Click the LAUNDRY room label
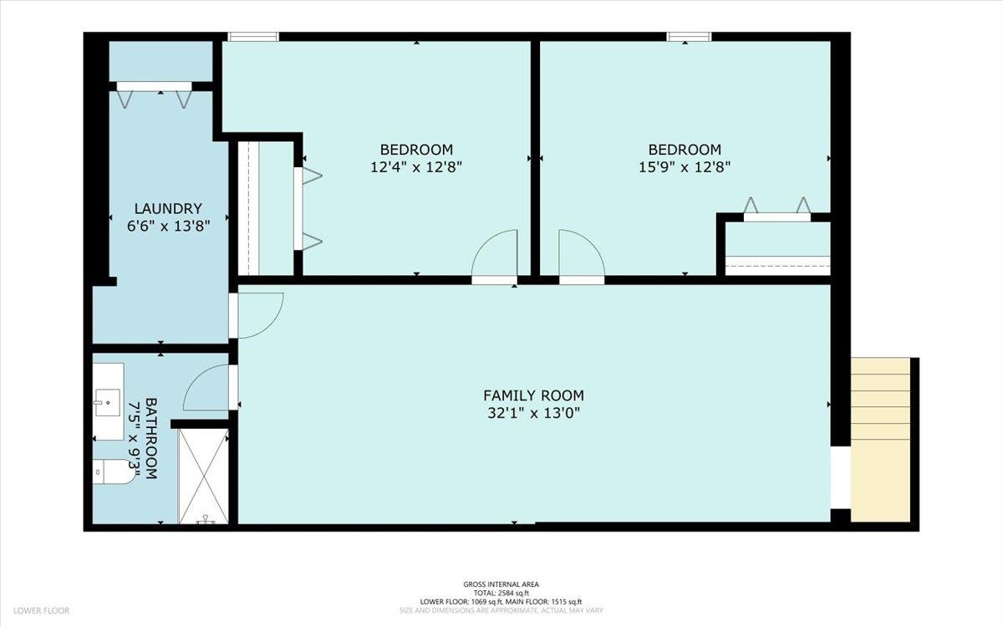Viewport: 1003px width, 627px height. [x=169, y=208]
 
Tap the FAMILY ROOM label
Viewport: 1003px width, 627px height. [x=533, y=395]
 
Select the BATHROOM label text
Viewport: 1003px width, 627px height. [x=151, y=438]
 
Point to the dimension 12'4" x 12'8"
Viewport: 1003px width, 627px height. [x=416, y=166]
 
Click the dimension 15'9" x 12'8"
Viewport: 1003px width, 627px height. [x=684, y=166]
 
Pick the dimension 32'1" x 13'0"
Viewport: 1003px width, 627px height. [x=533, y=412]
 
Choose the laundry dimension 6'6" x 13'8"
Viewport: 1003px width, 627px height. [x=169, y=225]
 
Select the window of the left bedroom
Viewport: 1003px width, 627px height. [x=253, y=36]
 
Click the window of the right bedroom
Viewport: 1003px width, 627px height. [x=689, y=36]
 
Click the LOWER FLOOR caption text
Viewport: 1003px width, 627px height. [x=41, y=611]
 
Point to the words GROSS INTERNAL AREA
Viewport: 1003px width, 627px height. [x=501, y=584]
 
